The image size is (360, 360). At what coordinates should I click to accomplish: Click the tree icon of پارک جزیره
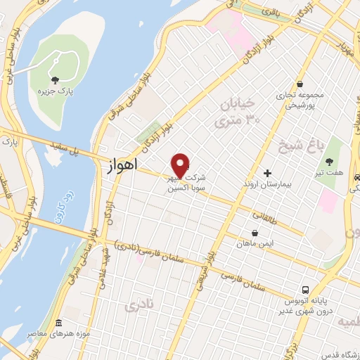[55, 79]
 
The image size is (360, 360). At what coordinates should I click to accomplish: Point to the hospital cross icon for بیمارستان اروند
[266, 173]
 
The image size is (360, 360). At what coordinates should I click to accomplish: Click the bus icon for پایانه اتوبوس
[305, 290]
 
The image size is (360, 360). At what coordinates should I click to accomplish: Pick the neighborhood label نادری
[138, 306]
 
